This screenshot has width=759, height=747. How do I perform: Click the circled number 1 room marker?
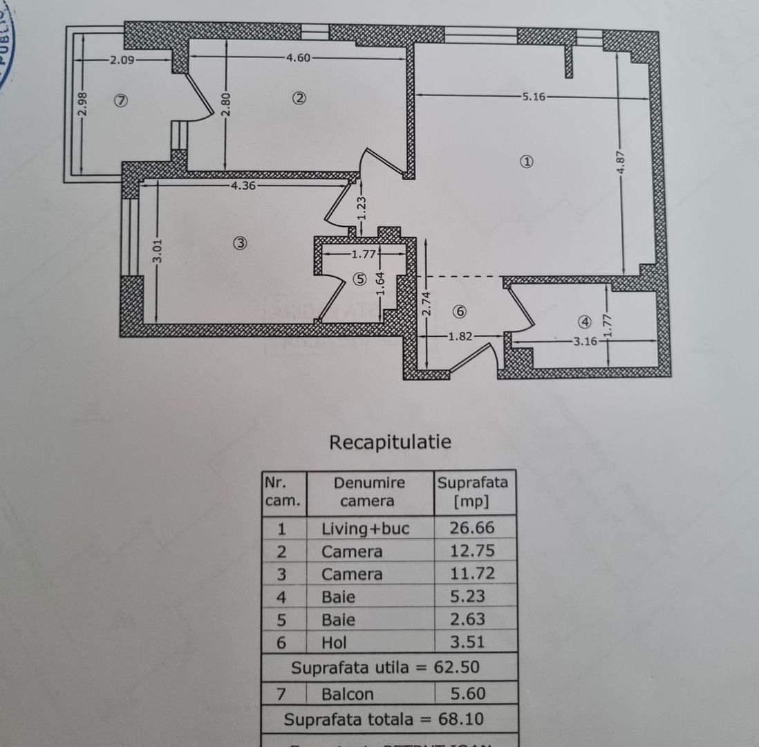pos(527,162)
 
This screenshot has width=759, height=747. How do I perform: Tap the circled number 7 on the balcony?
pos(121,100)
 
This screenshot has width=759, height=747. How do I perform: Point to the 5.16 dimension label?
pos(534,96)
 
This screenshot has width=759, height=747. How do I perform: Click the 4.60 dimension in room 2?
pos(298,58)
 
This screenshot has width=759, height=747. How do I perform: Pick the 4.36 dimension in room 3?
pos(244,185)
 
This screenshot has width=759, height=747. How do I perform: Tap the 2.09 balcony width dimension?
pos(122,59)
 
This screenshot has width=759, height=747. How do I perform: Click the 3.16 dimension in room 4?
pos(585,341)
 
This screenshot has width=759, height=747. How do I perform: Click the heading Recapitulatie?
pos(390,441)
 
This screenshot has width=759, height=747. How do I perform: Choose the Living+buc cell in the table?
pos(365,529)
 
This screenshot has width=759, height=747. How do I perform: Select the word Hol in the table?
pos(334,643)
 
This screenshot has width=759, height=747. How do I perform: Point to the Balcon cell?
pos(347,694)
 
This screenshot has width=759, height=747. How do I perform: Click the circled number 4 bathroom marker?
pos(585,322)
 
